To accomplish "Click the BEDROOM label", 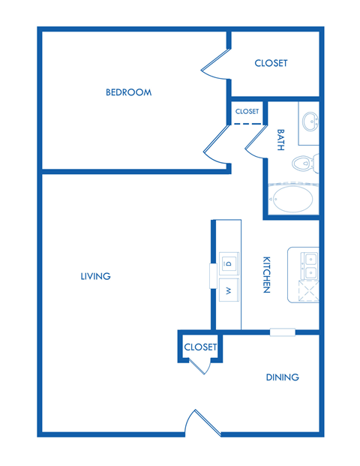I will coord(128,92).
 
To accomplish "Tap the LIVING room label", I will coord(95,276).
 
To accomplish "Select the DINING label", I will coord(282,377).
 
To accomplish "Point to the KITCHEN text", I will coord(266,275).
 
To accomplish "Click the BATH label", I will coord(281,140).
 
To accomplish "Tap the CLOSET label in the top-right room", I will coord(271,63).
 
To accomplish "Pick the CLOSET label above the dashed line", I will coord(247,111).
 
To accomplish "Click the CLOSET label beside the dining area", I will coord(200,347).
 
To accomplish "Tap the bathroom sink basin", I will coord(309,120).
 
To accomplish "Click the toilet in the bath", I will coord(305,163).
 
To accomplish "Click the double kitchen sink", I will coord(310,263).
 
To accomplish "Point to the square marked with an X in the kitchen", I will coord(309,290).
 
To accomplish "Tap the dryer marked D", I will coord(228,263).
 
